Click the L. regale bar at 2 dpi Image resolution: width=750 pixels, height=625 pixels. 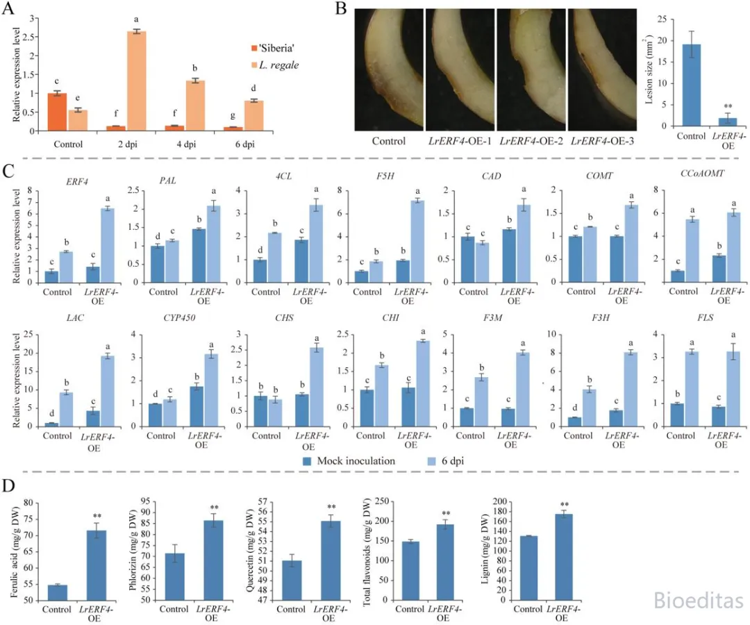pyautogui.click(x=136, y=81)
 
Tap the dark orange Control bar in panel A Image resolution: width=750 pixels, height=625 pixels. pyautogui.click(x=58, y=112)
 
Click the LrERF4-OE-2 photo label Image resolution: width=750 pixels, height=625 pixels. pyautogui.click(x=531, y=141)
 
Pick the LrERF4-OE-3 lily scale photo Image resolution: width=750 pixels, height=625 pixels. pyautogui.click(x=602, y=69)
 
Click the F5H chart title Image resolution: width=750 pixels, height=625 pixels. pyautogui.click(x=385, y=176)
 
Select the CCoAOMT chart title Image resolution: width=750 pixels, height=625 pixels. pyautogui.click(x=702, y=174)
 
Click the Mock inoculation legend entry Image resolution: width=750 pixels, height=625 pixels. pyautogui.click(x=349, y=461)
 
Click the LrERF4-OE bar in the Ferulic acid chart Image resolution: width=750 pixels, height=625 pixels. pyautogui.click(x=96, y=565)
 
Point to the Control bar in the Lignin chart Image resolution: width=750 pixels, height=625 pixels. pyautogui.click(x=528, y=568)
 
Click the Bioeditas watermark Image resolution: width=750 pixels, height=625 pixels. pyautogui.click(x=699, y=600)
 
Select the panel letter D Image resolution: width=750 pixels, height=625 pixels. pyautogui.click(x=8, y=486)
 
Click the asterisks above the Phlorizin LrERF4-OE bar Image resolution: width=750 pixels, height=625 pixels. pyautogui.click(x=214, y=508)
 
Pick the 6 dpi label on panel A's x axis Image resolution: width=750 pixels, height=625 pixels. pyautogui.click(x=245, y=144)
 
